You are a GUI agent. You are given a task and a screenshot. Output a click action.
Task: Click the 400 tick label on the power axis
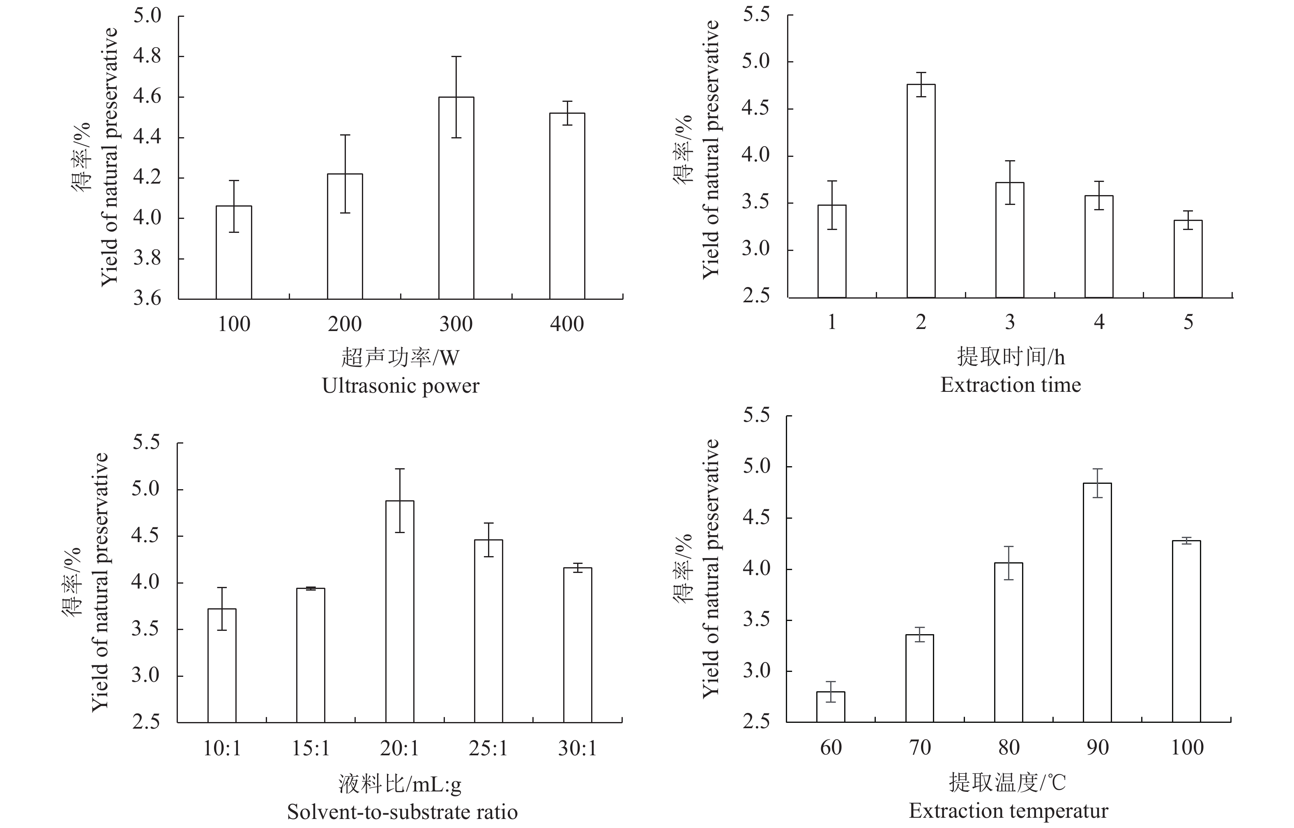click(566, 324)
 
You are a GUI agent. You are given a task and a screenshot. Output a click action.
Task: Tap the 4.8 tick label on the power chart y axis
click(147, 56)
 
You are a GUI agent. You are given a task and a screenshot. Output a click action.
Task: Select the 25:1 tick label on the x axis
click(488, 748)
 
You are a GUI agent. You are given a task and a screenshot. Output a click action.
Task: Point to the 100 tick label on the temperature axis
click(1187, 747)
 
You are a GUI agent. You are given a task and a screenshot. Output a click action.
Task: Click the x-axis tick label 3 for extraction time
click(1010, 322)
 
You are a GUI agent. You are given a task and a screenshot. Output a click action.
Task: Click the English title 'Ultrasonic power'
click(401, 386)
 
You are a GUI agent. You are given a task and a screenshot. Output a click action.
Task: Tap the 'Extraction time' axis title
click(1010, 385)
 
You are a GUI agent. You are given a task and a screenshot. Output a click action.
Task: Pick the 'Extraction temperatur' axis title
click(1008, 811)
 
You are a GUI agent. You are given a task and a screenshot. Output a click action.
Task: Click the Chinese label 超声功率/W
click(401, 357)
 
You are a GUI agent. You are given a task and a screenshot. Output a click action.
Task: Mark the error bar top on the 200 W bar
click(345, 135)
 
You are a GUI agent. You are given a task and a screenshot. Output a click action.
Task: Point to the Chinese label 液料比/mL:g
click(400, 784)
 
